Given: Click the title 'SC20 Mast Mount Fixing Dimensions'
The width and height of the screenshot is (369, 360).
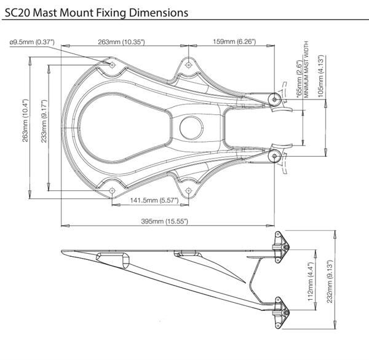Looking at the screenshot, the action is pos(97,12).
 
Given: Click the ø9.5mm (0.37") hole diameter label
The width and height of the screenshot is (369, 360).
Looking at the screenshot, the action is pos(32,42).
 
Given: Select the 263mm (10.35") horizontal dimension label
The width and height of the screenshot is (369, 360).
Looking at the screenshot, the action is pos(121,42).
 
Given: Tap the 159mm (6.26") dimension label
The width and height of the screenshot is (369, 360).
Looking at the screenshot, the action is pos(234,42).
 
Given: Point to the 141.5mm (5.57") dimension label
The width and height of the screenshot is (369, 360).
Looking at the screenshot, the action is pos(154,200).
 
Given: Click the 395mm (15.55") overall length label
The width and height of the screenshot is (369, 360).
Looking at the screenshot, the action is pos(164,221).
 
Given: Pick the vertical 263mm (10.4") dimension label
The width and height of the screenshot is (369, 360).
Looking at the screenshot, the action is pos(25,120).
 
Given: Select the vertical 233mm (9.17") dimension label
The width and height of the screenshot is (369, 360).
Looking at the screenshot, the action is pos(44,121).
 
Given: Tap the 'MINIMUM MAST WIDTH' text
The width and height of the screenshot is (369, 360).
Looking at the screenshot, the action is pos(306,69).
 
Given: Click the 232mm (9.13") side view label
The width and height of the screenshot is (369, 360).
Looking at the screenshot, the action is pos(330,281).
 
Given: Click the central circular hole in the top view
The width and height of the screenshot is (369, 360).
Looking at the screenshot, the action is pos(191,127).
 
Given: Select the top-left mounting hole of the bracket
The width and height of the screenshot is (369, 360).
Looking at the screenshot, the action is pos(113,65).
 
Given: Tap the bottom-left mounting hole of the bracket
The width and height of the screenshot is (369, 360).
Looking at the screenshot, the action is pos(113,190).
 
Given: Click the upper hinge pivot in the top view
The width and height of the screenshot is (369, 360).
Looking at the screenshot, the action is pos(274,100).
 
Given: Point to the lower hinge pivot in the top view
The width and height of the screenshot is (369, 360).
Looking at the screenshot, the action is pos(274,156).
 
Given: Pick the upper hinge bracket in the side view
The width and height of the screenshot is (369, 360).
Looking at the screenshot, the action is pos(281,247).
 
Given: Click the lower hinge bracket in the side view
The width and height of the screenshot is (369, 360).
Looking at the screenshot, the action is pos(281,313).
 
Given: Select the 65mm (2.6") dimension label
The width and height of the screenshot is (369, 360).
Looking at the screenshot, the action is pos(300,79).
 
